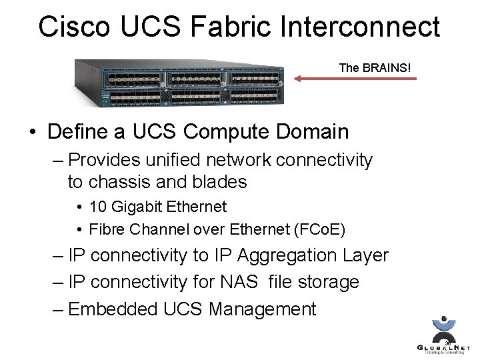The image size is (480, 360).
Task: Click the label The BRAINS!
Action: point(375,67)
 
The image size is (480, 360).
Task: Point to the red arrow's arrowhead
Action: point(298,79)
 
